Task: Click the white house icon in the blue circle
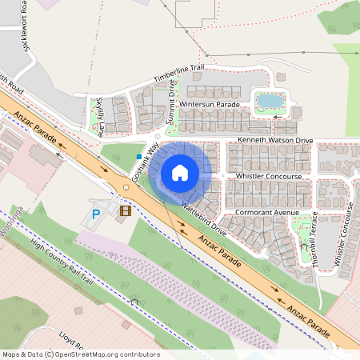pyautogui.click(x=180, y=173)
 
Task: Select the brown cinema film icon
pyautogui.click(x=124, y=211)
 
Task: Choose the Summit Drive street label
pyautogui.click(x=171, y=106)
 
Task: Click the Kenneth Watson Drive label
pyautogui.click(x=274, y=141)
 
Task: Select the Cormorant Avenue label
pyautogui.click(x=267, y=212)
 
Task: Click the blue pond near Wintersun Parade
pyautogui.click(x=269, y=101)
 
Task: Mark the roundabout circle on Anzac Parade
pyautogui.click(x=126, y=188)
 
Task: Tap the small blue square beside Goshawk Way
pyautogui.click(x=139, y=157)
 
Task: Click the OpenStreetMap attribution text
pyautogui.click(x=81, y=354)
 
